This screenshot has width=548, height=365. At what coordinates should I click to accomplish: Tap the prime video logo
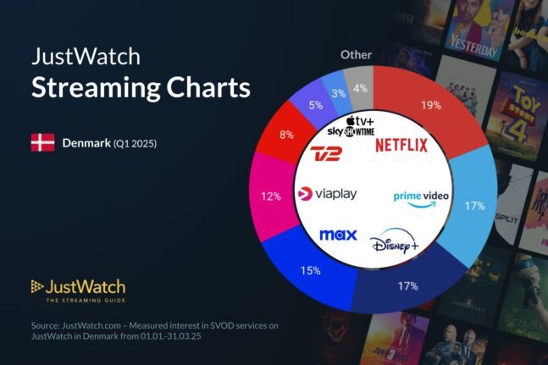pyautogui.click(x=421, y=196)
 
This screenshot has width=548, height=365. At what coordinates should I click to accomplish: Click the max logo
pyautogui.click(x=337, y=234)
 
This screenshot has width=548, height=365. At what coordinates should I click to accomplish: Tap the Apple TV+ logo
pyautogui.click(x=361, y=121)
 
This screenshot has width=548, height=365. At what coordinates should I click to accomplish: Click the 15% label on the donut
pyautogui.click(x=309, y=271)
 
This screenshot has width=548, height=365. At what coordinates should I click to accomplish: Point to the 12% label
pyautogui.click(x=271, y=196)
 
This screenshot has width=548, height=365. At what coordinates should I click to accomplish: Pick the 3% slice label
pyautogui.click(x=338, y=93)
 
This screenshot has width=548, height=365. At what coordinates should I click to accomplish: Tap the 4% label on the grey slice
pyautogui.click(x=361, y=88)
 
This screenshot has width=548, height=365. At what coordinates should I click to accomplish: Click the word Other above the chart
pyautogui.click(x=356, y=54)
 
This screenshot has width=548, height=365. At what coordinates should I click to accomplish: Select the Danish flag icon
pyautogui.click(x=42, y=142)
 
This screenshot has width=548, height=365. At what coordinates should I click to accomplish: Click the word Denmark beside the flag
pyautogui.click(x=86, y=143)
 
